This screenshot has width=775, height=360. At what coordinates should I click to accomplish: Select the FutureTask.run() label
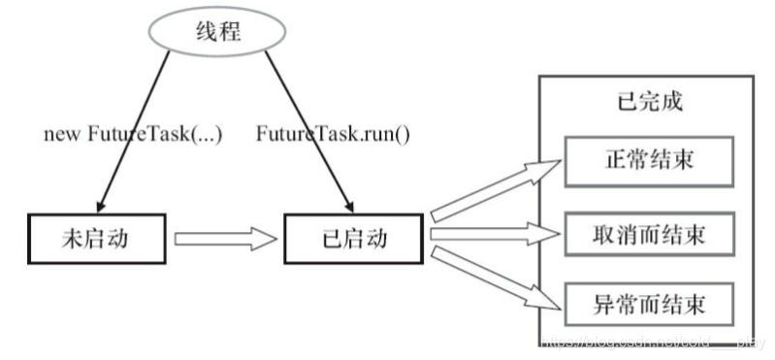tap(333, 135)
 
